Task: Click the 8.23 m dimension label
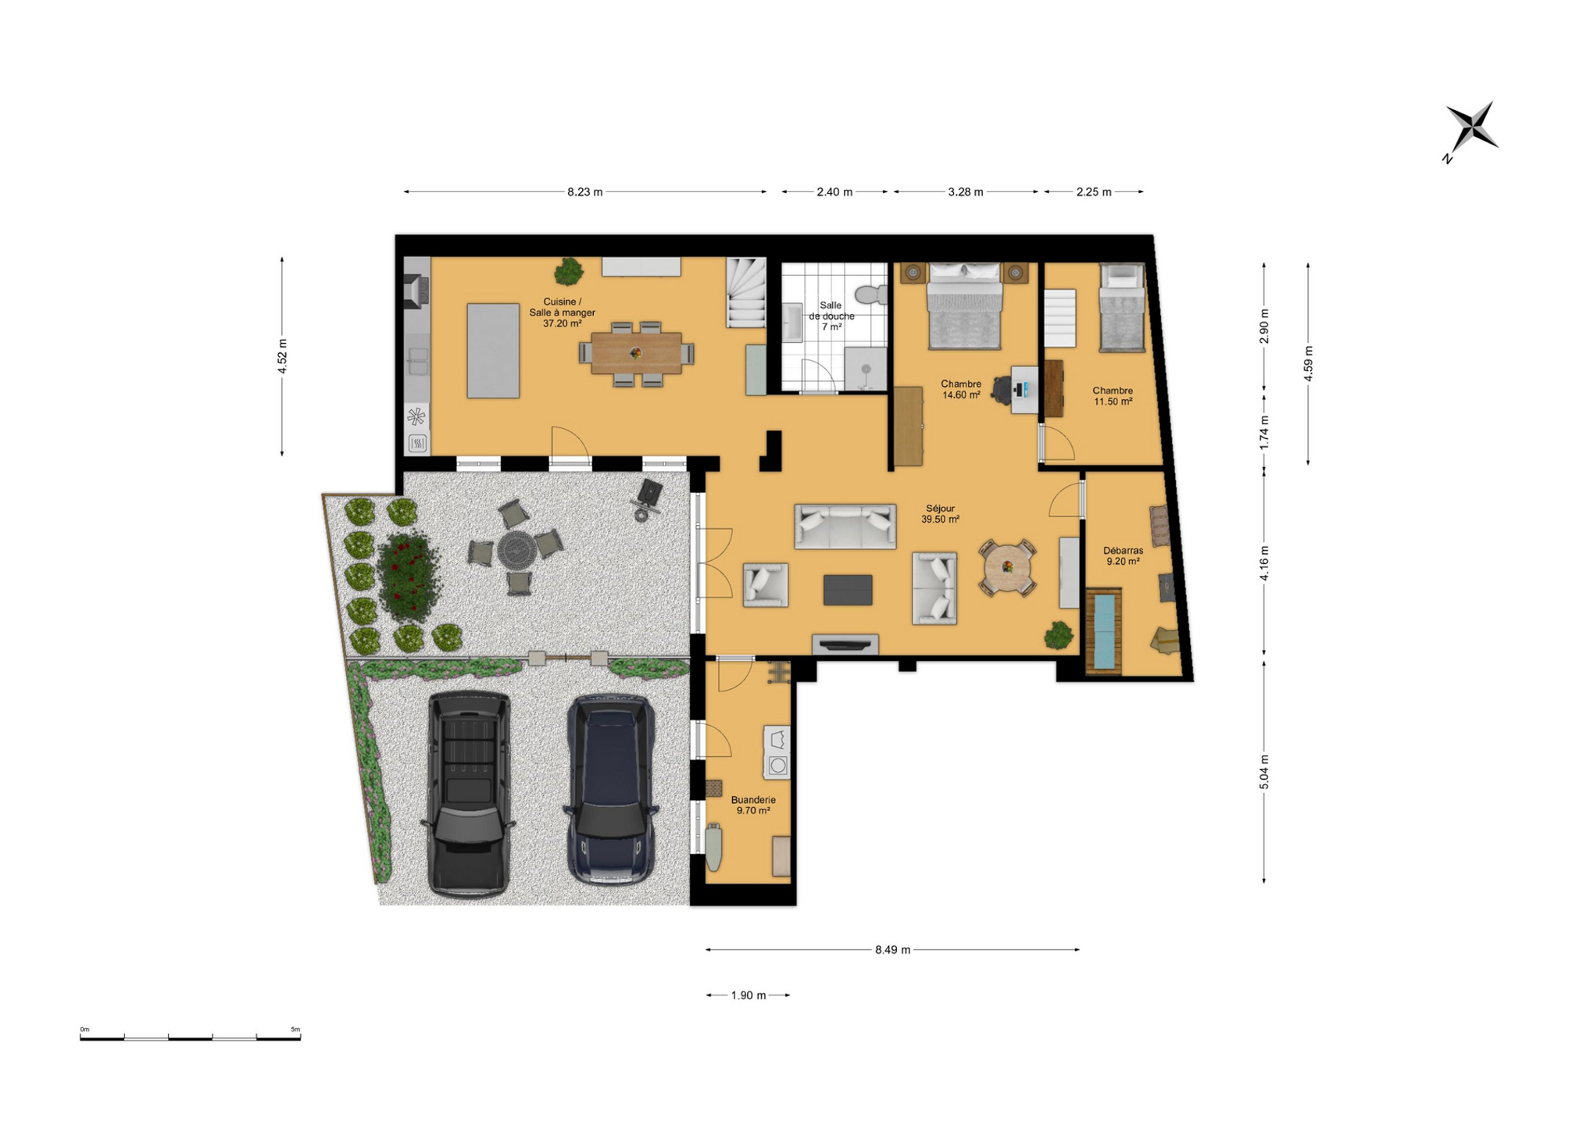584,192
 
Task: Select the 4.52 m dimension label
283,355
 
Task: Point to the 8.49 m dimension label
892,950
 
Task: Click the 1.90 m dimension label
749,995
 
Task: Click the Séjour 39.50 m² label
940,514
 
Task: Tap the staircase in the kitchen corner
745,293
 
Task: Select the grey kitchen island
493,351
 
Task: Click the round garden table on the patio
517,549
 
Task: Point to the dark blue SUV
611,789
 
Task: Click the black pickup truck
468,795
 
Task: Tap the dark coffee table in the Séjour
848,590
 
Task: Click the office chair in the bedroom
1002,390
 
